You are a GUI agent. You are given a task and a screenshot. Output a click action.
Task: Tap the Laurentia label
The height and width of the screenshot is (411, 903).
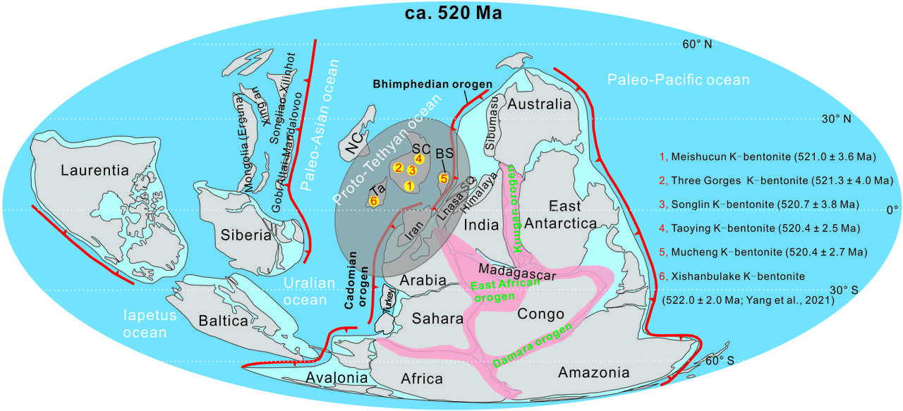(x=95, y=170)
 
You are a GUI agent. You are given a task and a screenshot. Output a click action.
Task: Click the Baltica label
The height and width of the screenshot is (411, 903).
(x=222, y=321)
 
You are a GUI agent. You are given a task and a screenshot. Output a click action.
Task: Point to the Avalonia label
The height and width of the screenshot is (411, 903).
(x=337, y=378)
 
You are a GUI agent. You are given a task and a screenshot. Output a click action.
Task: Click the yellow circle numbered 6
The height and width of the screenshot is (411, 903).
(x=374, y=201)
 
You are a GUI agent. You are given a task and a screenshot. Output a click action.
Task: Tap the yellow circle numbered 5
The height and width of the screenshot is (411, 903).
(x=444, y=178)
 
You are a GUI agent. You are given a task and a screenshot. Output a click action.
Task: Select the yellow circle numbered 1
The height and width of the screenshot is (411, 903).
(x=408, y=185)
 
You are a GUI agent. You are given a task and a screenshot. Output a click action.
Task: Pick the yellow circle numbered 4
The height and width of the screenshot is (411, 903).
(x=419, y=159)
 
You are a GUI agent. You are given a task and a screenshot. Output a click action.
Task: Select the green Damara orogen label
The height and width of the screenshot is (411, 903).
(x=533, y=345)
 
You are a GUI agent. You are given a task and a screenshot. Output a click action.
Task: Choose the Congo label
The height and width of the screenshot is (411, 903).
(x=541, y=314)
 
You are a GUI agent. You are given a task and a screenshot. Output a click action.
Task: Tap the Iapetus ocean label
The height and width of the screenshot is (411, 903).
(x=148, y=324)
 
